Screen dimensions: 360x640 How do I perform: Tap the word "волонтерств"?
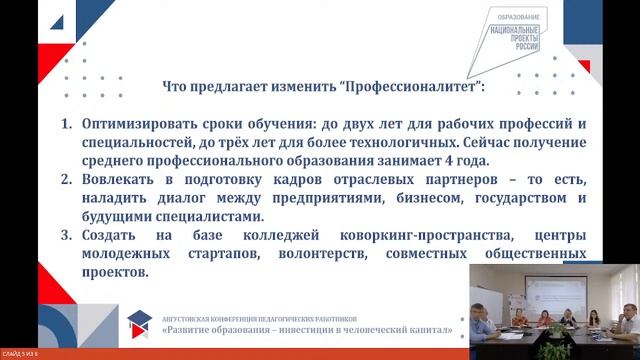click(321, 253)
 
